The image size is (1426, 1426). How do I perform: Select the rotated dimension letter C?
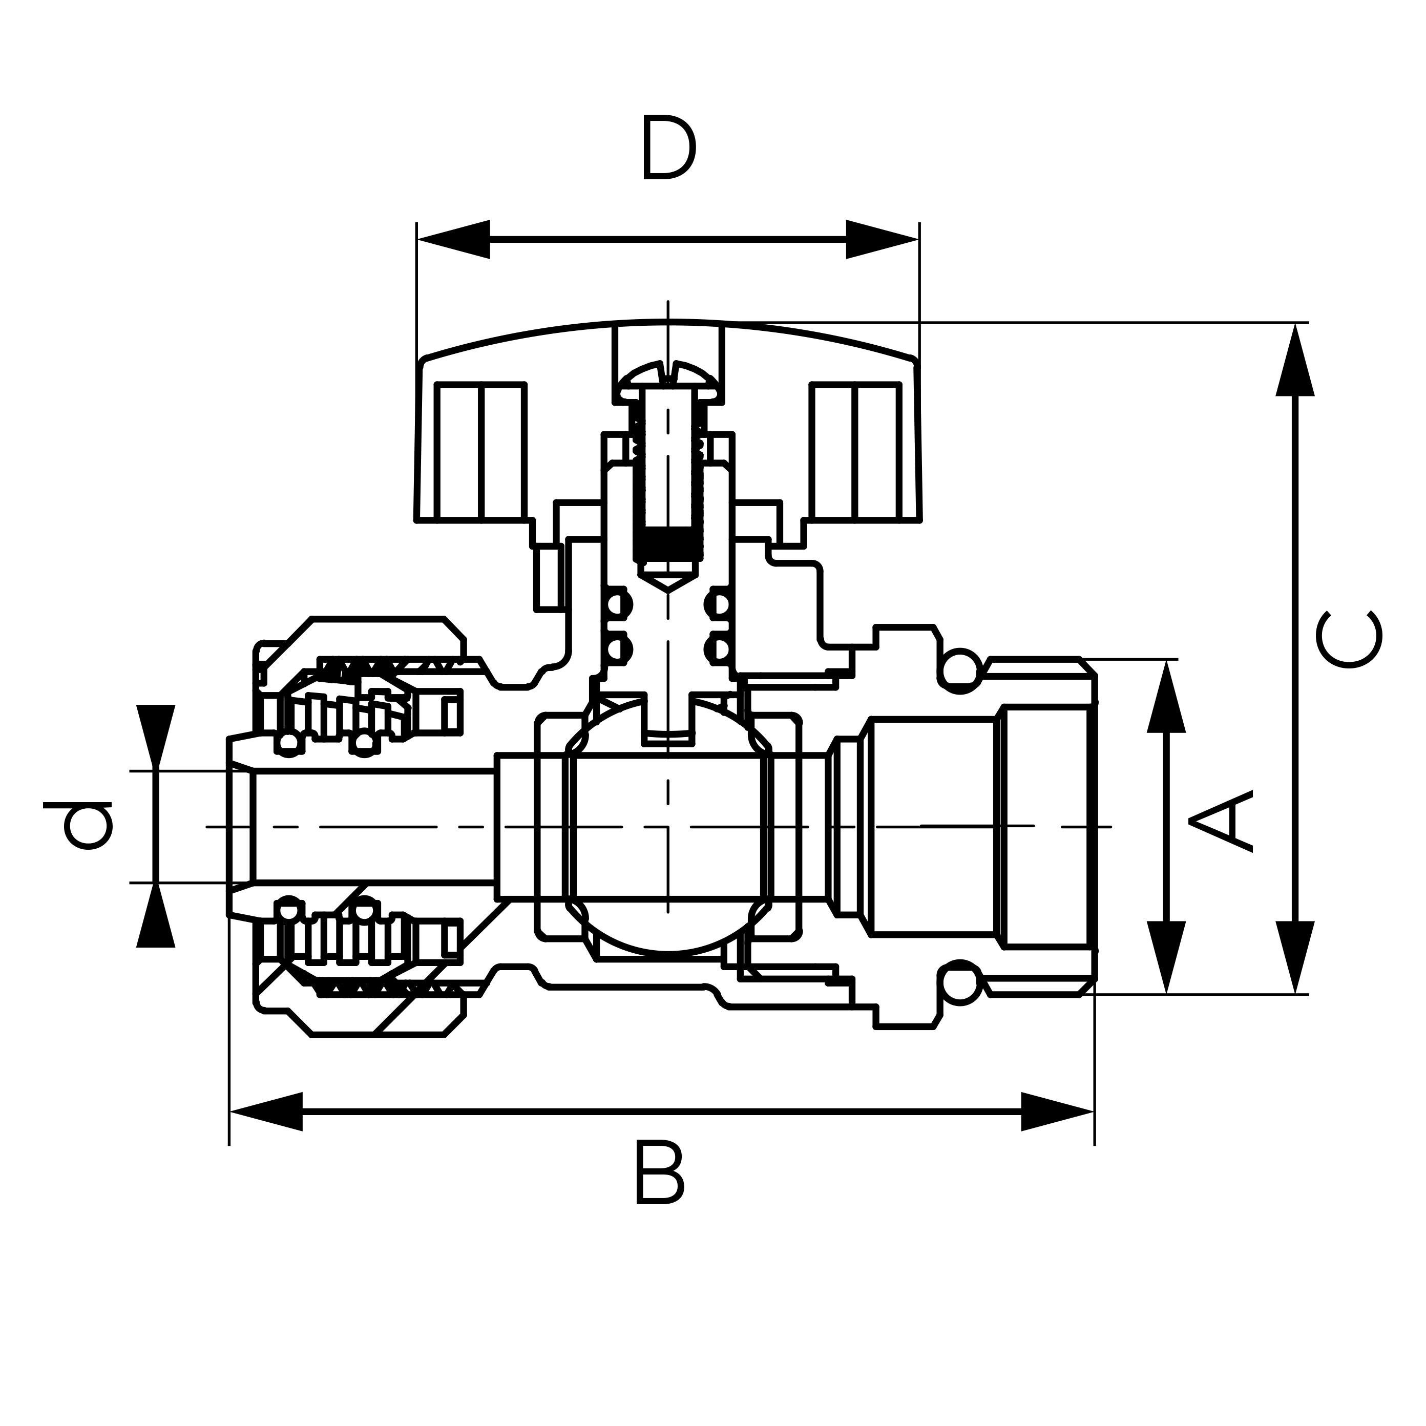click(x=1349, y=639)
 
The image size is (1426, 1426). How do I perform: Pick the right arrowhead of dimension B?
click(x=1057, y=1112)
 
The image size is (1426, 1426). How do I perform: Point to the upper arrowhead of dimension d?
click(x=156, y=736)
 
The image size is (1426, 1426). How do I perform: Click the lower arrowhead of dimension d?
click(x=156, y=916)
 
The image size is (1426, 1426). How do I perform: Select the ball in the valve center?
click(x=668, y=827)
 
